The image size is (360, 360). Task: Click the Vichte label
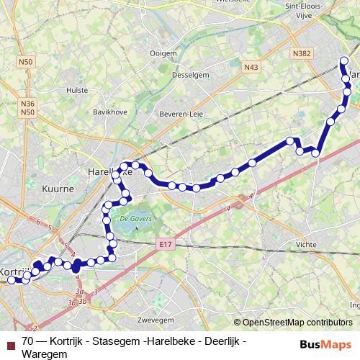click(306, 244)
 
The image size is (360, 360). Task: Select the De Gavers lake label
click(133, 218)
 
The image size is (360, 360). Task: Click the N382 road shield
click(302, 54)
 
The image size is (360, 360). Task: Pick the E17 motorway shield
click(166, 245)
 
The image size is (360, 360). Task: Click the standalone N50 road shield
click(27, 62)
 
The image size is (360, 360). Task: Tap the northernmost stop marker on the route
click(345, 60)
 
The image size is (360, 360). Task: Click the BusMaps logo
click(325, 344)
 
